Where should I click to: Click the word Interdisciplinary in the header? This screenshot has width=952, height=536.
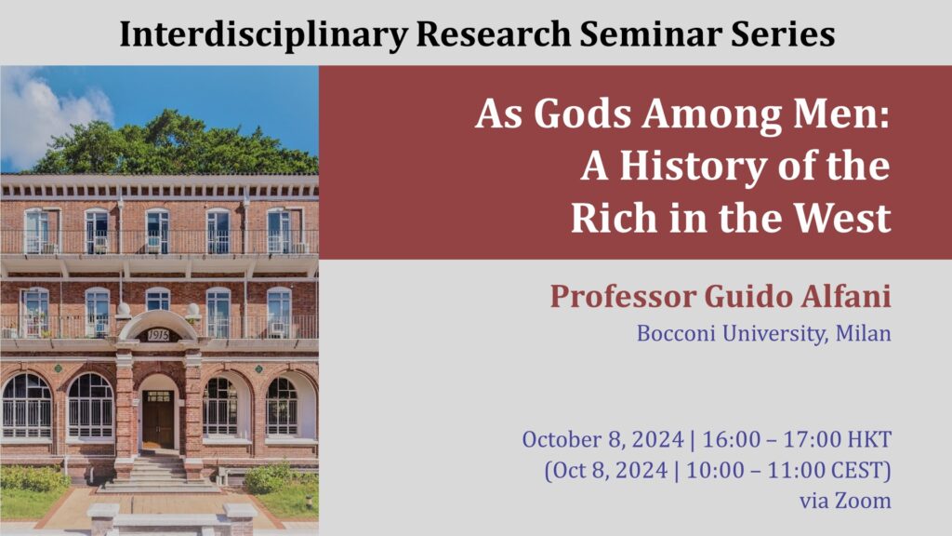263,34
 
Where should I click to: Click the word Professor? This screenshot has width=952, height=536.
623,297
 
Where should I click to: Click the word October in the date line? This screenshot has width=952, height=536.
562,439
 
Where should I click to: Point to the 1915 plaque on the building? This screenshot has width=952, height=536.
158,335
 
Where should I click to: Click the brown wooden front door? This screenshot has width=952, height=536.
158,420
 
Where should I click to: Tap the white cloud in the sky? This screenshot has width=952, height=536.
46,118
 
